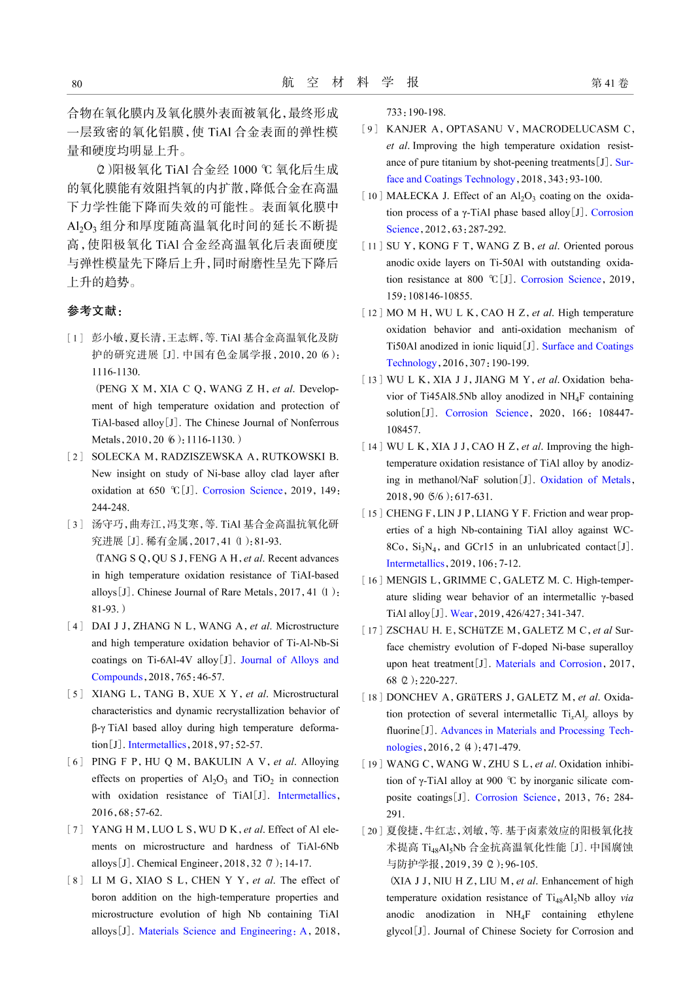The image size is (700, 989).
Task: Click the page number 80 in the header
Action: pos(77,84)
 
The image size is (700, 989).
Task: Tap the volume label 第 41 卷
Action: pos(609,83)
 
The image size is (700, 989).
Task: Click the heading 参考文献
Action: pos(94,311)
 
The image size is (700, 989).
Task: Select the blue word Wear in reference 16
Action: pos(461,614)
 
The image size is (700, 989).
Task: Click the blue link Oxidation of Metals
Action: pos(585,480)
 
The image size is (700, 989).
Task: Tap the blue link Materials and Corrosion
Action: pos(548,664)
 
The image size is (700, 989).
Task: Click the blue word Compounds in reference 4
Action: pos(117,677)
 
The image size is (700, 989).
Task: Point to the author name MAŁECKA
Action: pos(412,196)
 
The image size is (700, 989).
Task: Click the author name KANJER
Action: pos(406,129)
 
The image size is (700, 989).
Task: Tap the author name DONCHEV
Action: pos(412,697)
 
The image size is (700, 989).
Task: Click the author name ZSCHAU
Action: pos(408,631)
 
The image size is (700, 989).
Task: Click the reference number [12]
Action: pos(372,313)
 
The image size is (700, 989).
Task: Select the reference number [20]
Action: pos(372,831)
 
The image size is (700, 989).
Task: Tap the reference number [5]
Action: pos(75,694)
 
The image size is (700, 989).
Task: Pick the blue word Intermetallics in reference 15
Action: pos(415,563)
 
